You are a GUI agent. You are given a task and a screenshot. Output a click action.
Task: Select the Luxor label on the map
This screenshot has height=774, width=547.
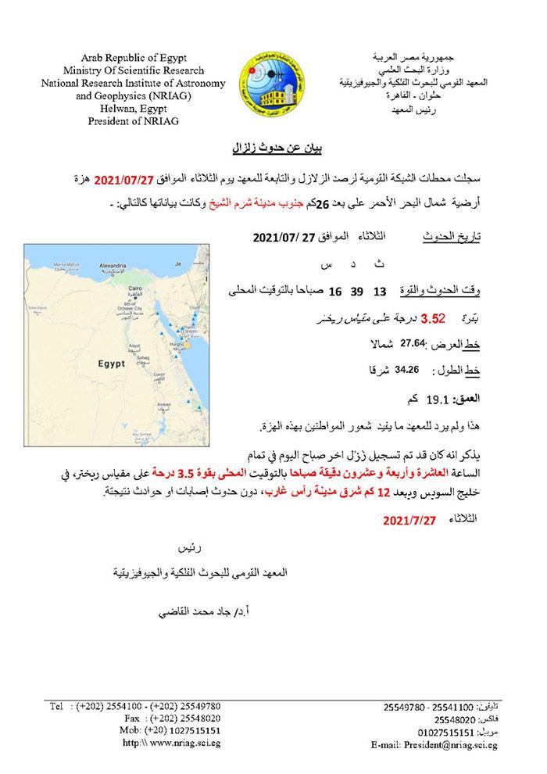163,374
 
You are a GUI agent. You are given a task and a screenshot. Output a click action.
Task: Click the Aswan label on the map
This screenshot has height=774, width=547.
163,404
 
